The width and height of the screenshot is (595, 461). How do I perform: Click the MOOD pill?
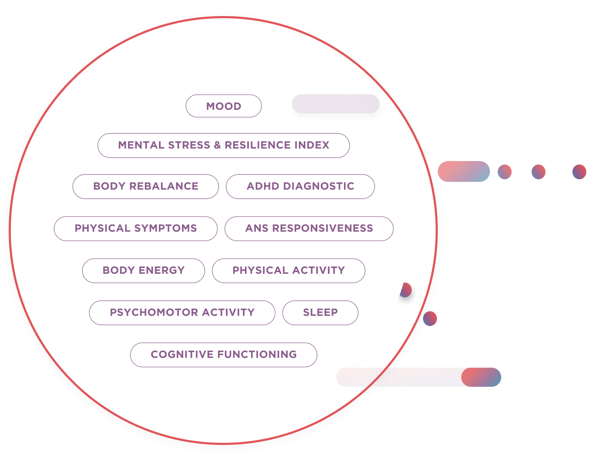coord(224,106)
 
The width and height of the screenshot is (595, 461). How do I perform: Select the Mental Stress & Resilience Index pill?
coord(224,145)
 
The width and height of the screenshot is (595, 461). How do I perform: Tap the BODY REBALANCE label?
coord(145,186)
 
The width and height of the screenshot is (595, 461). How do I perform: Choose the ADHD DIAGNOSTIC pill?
coord(300,186)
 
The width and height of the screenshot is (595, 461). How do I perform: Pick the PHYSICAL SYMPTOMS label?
coord(136,228)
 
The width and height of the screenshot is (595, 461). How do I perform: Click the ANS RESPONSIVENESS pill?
coord(309,228)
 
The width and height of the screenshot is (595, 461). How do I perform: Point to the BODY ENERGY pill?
coord(143,270)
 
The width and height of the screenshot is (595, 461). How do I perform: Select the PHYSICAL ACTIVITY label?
coord(288,270)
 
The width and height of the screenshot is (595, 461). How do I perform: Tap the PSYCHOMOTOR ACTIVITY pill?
coord(182,313)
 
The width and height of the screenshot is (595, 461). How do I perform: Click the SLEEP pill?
coord(320,313)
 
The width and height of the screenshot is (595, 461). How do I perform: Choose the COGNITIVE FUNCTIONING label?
coord(224,355)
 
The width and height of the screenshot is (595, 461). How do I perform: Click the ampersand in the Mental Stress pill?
coord(217,145)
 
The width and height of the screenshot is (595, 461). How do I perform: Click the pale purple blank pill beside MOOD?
coord(335,104)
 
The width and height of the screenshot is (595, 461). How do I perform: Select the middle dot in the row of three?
coord(539,172)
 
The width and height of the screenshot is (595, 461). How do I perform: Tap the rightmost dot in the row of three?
coord(579,172)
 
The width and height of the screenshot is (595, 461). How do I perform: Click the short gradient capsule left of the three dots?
coord(463,171)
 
